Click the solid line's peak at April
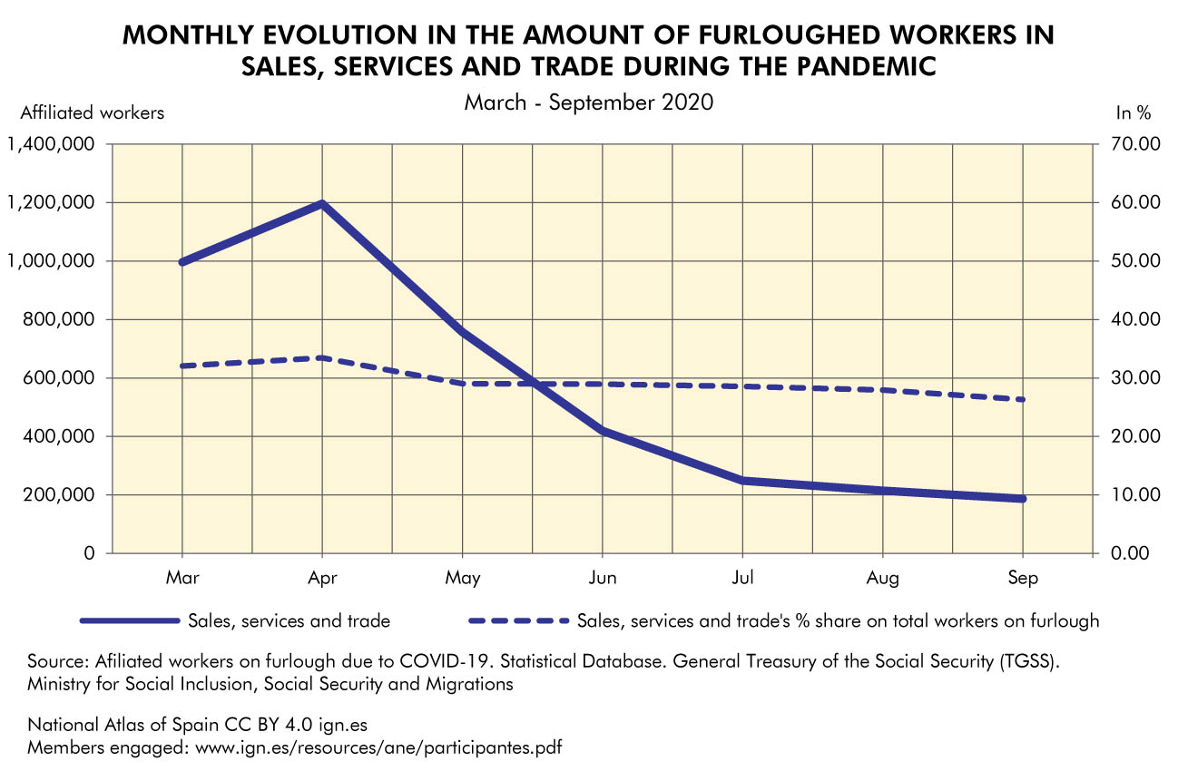[322, 204]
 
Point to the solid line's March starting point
[182, 262]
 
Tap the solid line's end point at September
[1023, 499]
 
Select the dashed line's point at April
[322, 358]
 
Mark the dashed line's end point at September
[1023, 400]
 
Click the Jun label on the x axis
[603, 578]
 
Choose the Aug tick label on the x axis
[883, 578]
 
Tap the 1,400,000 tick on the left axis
[53, 144]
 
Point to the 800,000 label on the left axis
[60, 319]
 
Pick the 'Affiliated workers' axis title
[93, 113]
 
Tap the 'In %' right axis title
[1133, 113]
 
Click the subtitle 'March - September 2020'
[589, 102]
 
